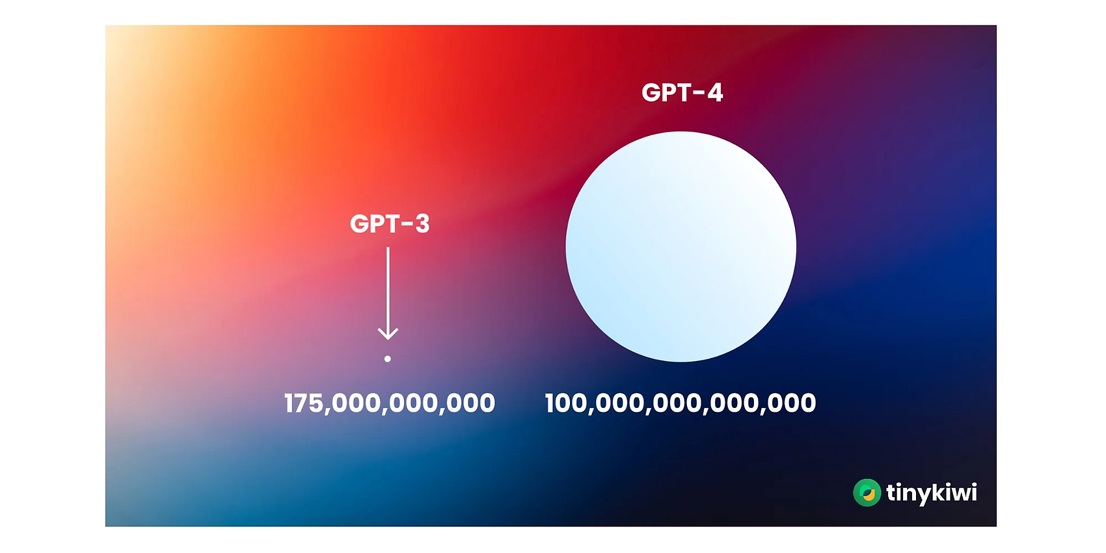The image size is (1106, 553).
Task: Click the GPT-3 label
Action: click(390, 224)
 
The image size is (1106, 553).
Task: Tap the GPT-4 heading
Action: click(682, 92)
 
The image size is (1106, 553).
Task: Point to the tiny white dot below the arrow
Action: click(388, 359)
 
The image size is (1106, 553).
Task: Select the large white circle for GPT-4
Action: click(681, 247)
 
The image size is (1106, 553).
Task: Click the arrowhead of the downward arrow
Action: click(388, 334)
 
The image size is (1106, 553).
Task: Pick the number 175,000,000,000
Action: click(390, 403)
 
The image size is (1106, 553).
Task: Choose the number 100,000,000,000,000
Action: click(681, 403)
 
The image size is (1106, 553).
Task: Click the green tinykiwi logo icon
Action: click(867, 492)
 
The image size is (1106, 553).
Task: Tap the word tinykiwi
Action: click(932, 493)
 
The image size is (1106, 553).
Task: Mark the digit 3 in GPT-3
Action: click(422, 224)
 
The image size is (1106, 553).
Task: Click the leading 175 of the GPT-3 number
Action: click(306, 403)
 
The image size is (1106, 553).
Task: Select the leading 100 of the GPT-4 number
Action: click(568, 403)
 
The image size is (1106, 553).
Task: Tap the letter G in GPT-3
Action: click(359, 224)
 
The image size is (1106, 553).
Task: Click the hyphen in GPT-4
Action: click(698, 94)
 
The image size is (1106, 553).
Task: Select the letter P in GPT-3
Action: click(379, 224)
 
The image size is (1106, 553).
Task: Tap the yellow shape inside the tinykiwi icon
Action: click(869, 494)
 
